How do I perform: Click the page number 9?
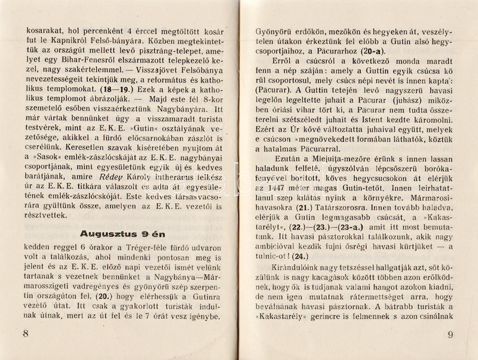[451, 335]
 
